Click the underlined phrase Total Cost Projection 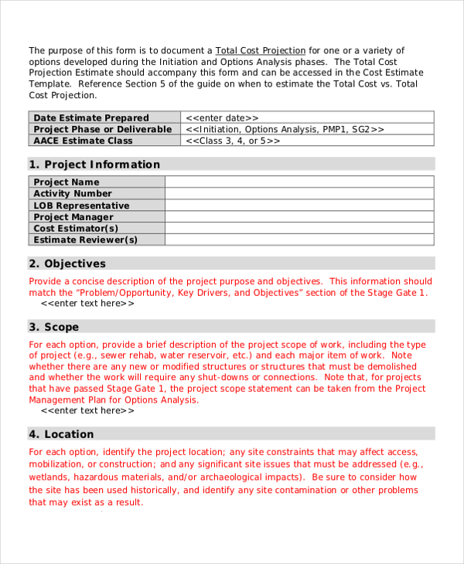pos(260,50)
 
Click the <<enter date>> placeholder pos(223,117)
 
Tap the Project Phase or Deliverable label pos(102,129)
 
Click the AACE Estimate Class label pos(83,141)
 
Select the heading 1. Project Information pos(94,165)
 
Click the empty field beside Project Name pos(299,182)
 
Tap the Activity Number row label pos(73,194)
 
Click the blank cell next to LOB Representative pos(299,206)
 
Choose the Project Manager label pos(73,217)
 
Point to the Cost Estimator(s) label pos(76,229)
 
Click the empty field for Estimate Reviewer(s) pos(299,240)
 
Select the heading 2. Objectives pos(67,263)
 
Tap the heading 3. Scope pos(54,328)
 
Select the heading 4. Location pos(61,434)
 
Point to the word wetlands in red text pos(49,477)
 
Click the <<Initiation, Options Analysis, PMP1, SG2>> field pos(285,129)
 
